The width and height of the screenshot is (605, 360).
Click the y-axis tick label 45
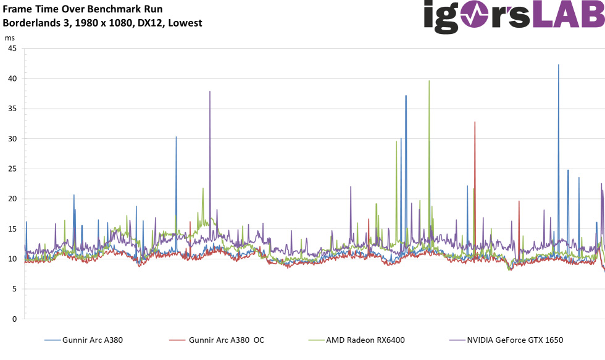point(11,49)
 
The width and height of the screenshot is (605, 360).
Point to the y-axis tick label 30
point(11,139)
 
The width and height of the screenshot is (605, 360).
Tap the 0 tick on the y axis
point(14,319)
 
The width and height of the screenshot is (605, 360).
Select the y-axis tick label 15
point(11,229)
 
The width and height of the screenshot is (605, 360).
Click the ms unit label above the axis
point(10,38)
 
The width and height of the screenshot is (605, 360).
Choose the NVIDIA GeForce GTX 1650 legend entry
point(515,340)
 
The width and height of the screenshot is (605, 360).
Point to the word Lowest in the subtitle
point(186,23)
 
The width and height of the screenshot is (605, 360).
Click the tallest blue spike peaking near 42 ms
point(559,65)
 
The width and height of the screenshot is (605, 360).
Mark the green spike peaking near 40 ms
point(429,82)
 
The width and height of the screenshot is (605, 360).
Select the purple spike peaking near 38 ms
point(210,93)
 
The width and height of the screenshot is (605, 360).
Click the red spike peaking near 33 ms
point(475,123)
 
